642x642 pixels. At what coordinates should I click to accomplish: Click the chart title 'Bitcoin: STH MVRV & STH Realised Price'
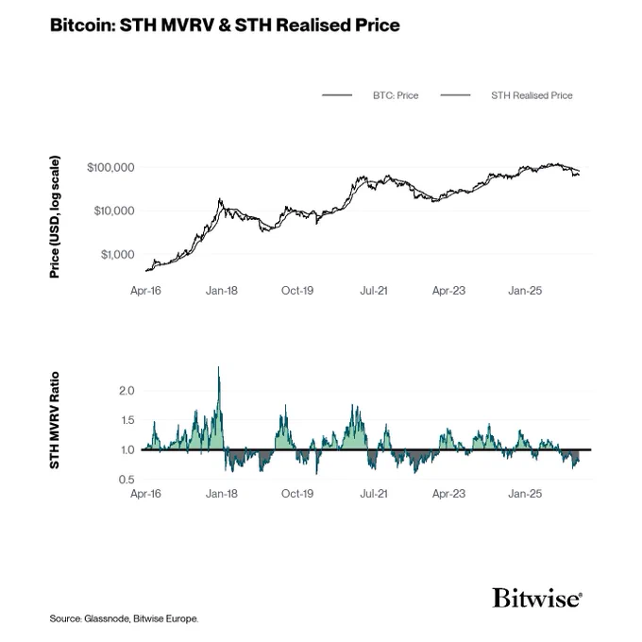click(x=225, y=25)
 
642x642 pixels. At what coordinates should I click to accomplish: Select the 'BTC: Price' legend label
click(x=396, y=95)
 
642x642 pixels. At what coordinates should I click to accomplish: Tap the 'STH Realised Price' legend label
click(x=532, y=95)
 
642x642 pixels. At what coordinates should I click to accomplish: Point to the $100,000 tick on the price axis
click(x=110, y=167)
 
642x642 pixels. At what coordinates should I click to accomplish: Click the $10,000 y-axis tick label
click(x=114, y=211)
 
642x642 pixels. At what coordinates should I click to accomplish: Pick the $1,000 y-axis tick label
click(x=117, y=255)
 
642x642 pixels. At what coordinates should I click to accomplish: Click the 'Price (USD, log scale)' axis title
click(x=55, y=216)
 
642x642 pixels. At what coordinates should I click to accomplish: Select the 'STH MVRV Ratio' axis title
click(x=55, y=420)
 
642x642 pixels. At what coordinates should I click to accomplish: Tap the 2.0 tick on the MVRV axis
click(x=127, y=391)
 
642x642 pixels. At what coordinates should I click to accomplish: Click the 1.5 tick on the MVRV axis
click(x=127, y=420)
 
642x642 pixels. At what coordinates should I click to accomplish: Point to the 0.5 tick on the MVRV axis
click(x=127, y=480)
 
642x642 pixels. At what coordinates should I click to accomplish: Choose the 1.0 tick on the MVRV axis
click(x=127, y=450)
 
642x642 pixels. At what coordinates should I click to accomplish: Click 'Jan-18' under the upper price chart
click(x=222, y=291)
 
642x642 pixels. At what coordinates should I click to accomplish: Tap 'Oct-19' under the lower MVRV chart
click(x=297, y=494)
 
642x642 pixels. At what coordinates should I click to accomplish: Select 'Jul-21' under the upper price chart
click(x=374, y=291)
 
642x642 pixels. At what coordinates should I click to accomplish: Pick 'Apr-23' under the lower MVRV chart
click(x=448, y=494)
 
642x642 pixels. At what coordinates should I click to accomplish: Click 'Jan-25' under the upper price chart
click(x=525, y=291)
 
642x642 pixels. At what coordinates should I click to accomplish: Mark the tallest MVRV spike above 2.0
click(x=218, y=367)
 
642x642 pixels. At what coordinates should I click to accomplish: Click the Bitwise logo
click(x=537, y=598)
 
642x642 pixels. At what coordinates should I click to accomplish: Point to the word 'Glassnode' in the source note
click(x=107, y=618)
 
